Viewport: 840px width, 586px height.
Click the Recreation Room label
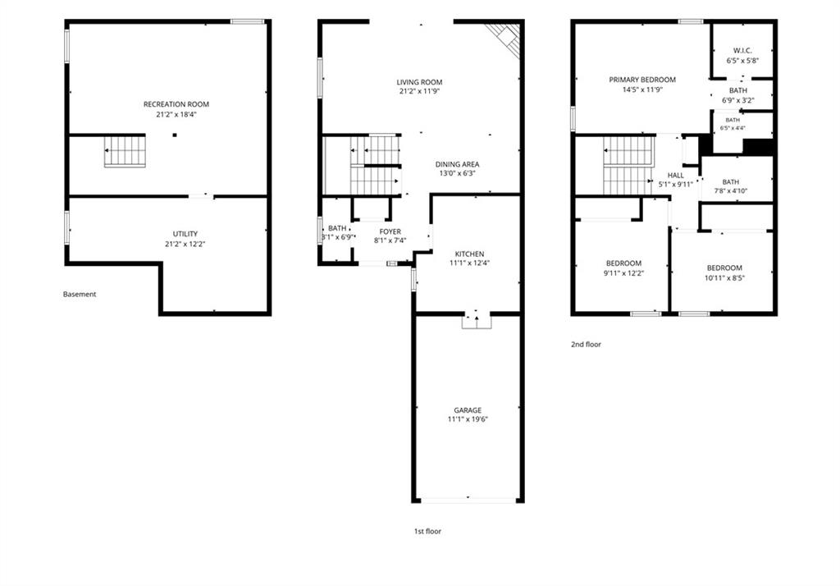(176, 104)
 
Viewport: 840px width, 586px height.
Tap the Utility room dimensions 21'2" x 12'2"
(185, 244)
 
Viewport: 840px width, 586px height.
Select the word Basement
(80, 294)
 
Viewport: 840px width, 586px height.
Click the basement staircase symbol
(125, 151)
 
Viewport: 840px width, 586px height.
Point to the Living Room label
(419, 82)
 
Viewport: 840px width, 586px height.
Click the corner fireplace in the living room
(505, 38)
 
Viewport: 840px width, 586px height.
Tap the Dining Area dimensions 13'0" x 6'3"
(457, 174)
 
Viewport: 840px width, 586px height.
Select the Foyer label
(390, 231)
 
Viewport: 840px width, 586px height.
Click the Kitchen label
(469, 254)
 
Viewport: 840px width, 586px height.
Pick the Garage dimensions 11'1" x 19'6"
(468, 419)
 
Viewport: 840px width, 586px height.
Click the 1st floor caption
(427, 531)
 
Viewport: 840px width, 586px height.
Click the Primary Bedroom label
(642, 80)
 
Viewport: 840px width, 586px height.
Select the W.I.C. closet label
(742, 50)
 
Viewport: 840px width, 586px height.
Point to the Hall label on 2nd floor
(676, 176)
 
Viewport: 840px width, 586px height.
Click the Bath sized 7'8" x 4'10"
(731, 181)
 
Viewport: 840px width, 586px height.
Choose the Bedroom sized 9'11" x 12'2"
(623, 263)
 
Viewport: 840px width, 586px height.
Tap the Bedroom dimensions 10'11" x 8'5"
(724, 277)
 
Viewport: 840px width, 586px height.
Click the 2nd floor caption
(586, 344)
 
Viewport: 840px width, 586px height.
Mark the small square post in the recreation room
(175, 135)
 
